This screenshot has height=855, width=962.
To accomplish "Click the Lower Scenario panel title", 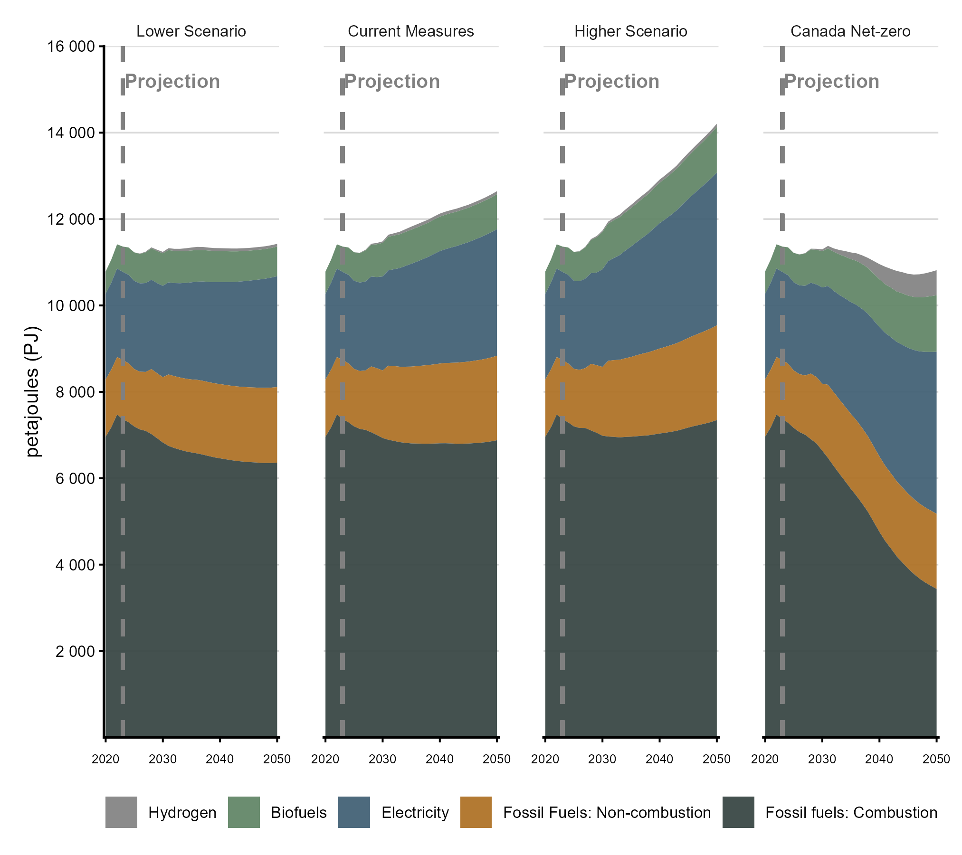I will click(191, 31).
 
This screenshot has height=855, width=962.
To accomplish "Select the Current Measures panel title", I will click(411, 31).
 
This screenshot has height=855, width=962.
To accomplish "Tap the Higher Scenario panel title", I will click(630, 31).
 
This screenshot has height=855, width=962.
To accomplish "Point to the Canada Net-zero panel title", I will click(850, 31).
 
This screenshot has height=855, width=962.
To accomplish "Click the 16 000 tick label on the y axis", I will click(71, 47).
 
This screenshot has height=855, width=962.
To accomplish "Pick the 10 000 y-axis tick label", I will click(71, 305).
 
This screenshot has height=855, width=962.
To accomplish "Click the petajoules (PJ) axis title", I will click(33, 391).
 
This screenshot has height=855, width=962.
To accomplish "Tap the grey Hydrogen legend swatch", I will click(121, 812).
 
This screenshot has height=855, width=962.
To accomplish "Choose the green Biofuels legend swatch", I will click(244, 812).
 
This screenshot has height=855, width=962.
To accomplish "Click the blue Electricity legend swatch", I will click(354, 812).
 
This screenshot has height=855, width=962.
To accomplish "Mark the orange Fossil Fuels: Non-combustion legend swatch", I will click(476, 812).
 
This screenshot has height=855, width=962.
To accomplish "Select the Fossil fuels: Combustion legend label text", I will click(851, 812).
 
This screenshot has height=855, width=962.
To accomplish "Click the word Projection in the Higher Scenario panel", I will click(612, 81).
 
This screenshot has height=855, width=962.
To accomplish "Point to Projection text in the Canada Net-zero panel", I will click(832, 81).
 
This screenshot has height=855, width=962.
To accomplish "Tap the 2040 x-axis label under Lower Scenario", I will click(219, 759).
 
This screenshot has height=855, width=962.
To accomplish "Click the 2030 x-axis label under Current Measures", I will click(382, 759).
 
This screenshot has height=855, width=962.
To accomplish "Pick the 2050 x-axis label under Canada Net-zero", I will click(936, 759).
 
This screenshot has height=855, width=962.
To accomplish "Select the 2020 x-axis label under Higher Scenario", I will click(545, 759).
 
